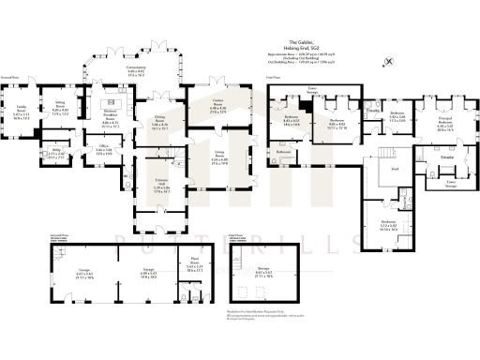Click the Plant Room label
(x=194, y=267)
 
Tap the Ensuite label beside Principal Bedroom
(x=446, y=157)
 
